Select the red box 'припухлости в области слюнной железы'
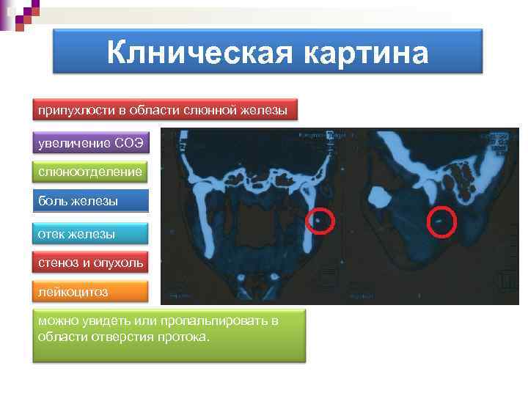point(165,110)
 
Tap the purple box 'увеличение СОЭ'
point(92,141)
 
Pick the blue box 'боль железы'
point(91,200)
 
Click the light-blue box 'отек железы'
point(91,234)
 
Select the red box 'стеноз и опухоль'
point(91,262)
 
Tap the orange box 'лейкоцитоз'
point(91,292)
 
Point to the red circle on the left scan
point(320,219)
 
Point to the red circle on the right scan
point(441,221)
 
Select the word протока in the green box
point(186,337)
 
